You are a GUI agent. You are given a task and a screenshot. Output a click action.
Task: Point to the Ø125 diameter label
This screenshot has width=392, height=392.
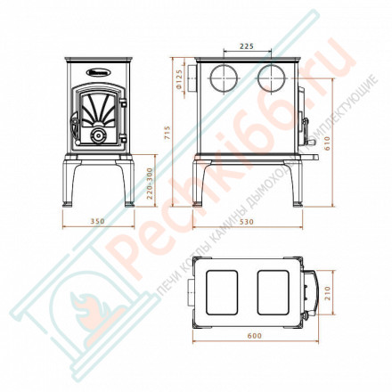tap(180, 83)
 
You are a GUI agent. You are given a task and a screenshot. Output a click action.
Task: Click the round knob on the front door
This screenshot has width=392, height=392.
tap(97, 135)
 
